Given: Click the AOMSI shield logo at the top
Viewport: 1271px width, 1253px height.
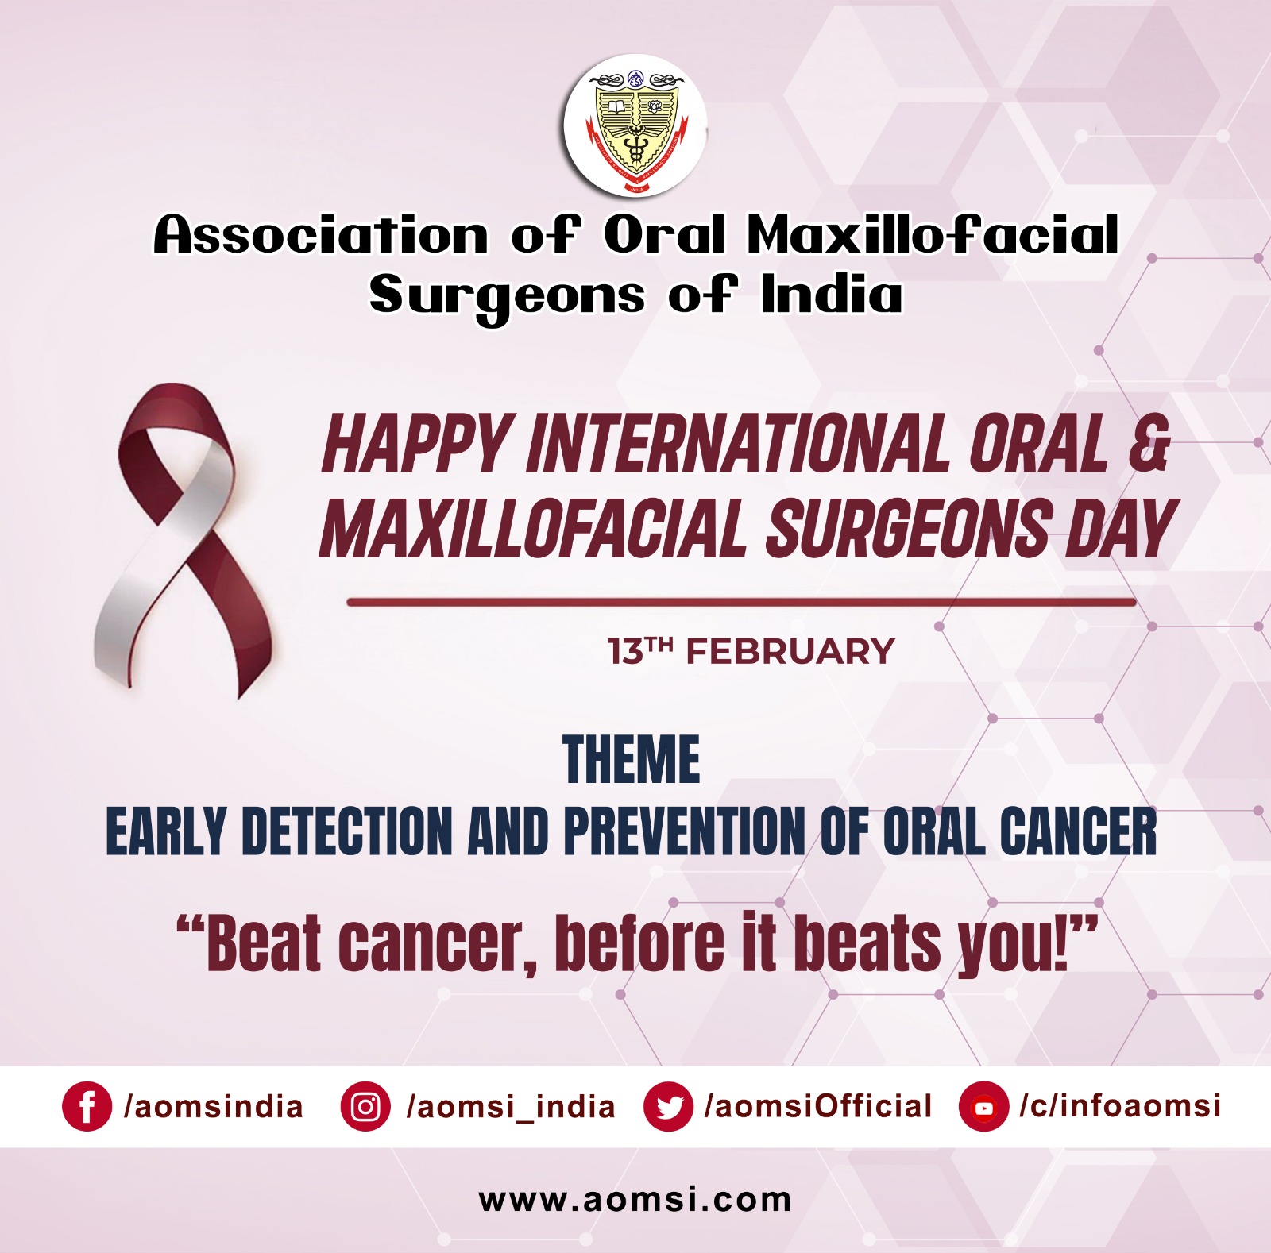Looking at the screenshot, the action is (x=635, y=126).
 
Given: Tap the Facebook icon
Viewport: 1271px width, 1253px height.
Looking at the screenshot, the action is (x=87, y=1106).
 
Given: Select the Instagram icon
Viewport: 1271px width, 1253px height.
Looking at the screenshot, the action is (x=365, y=1106).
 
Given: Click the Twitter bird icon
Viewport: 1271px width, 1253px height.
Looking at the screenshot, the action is (x=669, y=1106).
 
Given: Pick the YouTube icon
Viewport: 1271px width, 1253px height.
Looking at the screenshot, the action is (x=984, y=1106).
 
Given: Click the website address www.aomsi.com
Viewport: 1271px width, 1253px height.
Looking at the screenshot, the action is (x=635, y=1199).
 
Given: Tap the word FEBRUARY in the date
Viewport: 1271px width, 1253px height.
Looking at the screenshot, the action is (x=790, y=652).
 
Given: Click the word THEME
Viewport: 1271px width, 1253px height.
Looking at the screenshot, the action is (x=632, y=760).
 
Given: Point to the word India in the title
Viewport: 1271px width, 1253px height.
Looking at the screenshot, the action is (x=832, y=295).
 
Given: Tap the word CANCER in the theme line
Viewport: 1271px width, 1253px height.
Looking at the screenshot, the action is (x=1078, y=831).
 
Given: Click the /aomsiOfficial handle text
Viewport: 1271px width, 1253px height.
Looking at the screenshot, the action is (x=818, y=1106).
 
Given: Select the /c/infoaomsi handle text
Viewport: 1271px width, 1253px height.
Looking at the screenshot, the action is (x=1120, y=1106).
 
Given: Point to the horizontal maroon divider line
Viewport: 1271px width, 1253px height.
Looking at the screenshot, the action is (x=741, y=603).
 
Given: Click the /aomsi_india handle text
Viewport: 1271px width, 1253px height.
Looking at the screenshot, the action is (x=510, y=1107).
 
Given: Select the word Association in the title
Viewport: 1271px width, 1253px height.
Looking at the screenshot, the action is (x=321, y=235).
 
